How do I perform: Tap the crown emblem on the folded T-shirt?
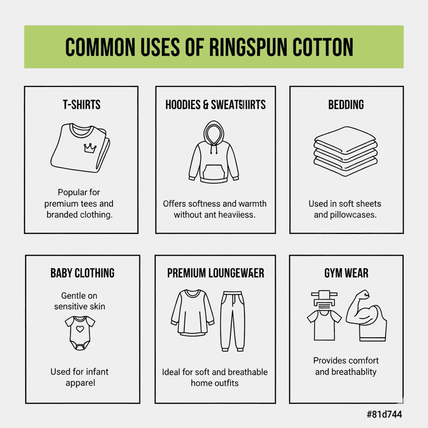tap(90, 148)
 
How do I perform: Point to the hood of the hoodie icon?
tap(214, 132)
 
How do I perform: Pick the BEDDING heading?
tap(346, 104)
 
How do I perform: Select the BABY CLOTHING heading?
tap(82, 273)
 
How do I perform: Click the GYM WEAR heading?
tap(346, 273)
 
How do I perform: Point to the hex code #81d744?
tap(384, 414)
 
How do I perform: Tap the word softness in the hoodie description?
tap(198, 204)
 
